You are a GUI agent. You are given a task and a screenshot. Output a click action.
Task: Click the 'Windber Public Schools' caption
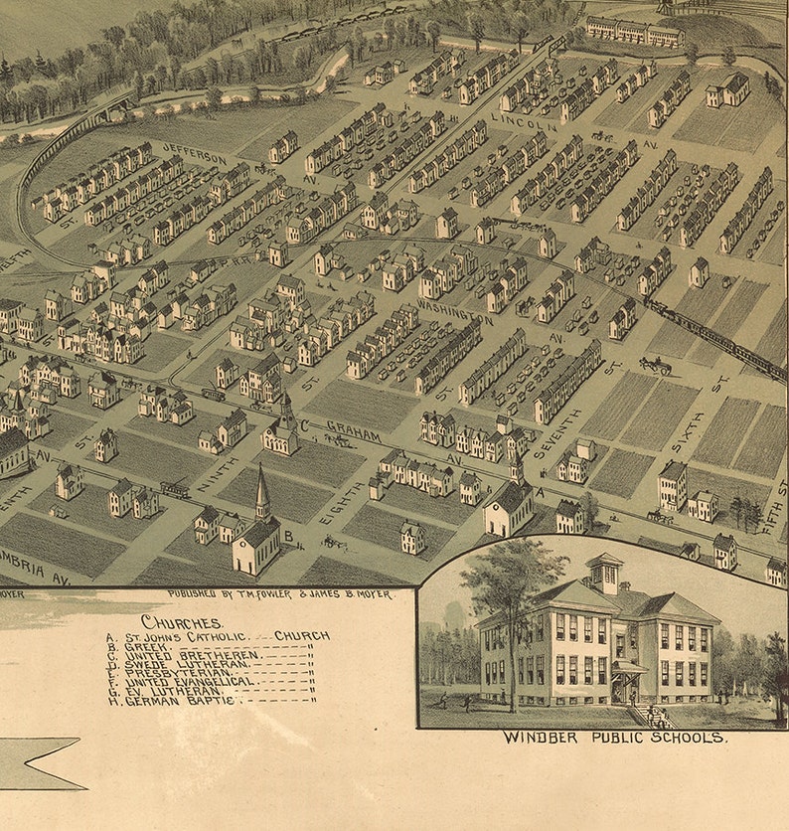(x=615, y=738)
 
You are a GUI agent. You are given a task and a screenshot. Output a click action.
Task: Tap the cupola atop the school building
(x=604, y=572)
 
